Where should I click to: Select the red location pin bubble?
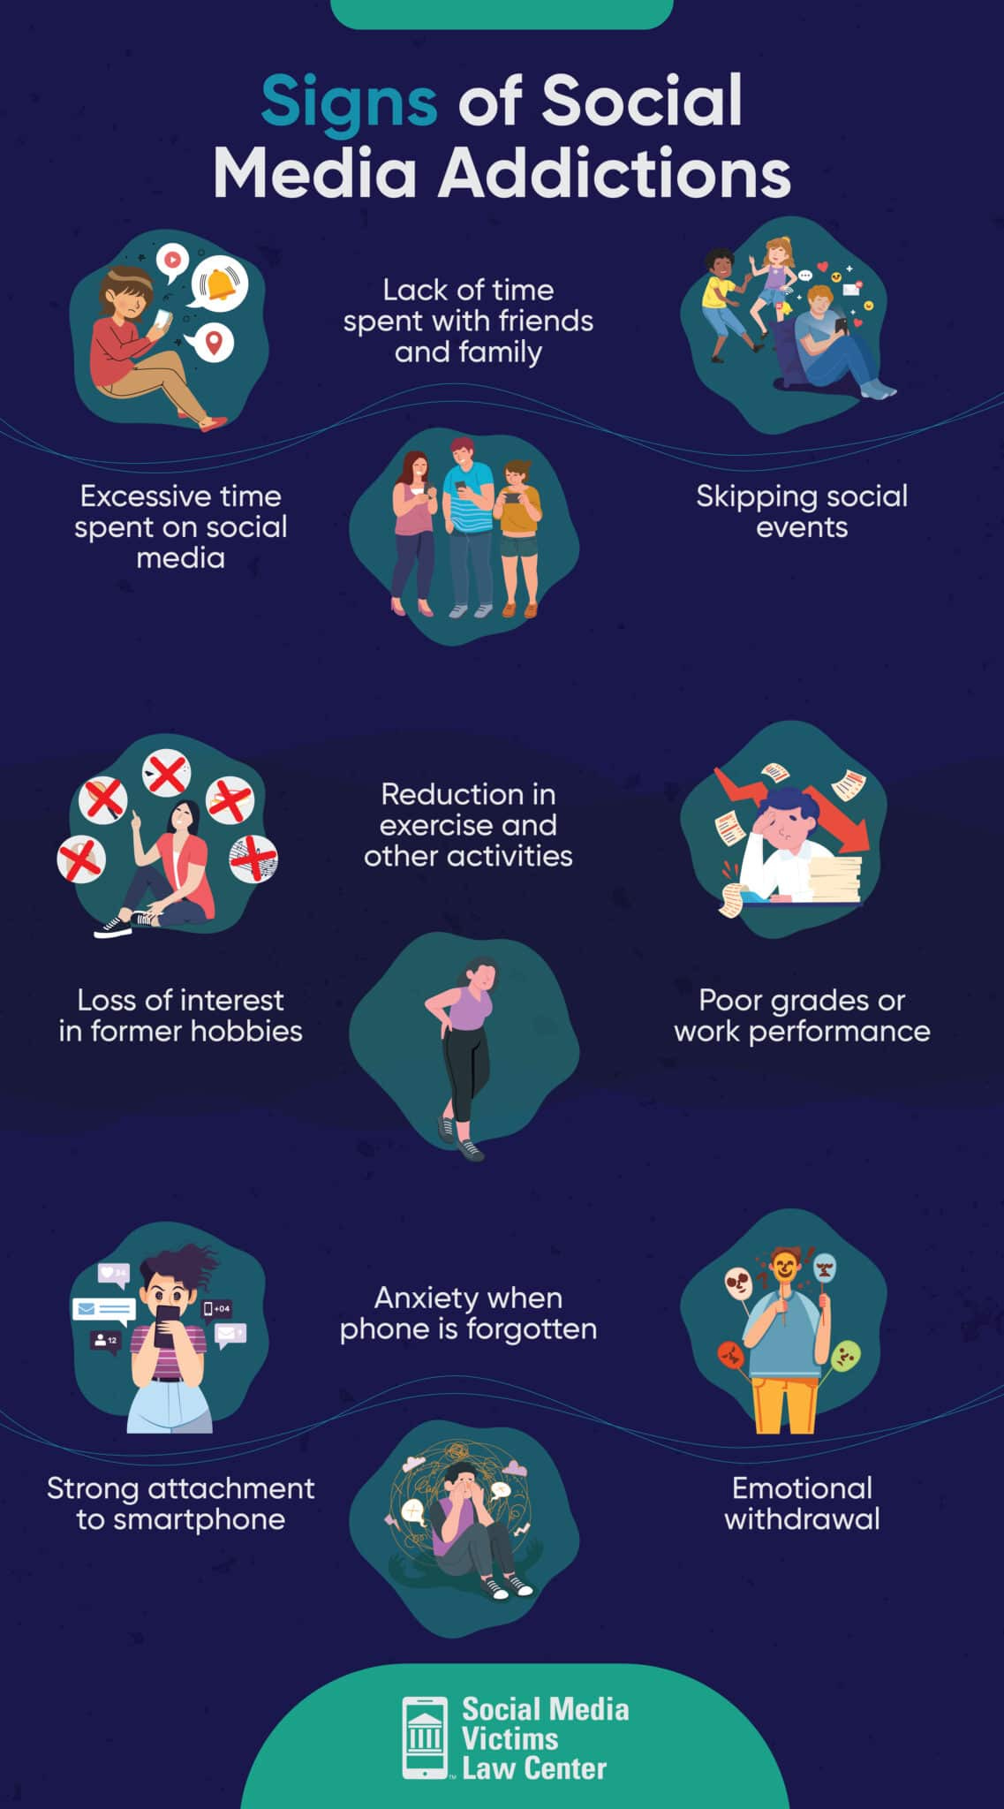coord(213,341)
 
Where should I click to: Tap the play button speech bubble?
coord(172,261)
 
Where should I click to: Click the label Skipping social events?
coord(801,511)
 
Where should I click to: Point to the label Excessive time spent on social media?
coord(180,526)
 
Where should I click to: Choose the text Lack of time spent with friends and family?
coord(468,321)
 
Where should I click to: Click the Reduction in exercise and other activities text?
coord(468,824)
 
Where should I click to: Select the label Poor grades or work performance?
coord(801,1016)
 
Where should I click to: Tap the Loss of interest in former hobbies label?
coord(180,1016)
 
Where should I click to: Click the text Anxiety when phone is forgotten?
coord(468,1313)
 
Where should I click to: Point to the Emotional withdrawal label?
coord(801,1503)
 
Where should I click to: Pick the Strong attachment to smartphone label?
coord(180,1503)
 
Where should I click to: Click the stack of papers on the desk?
coord(834,878)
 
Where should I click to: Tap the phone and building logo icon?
coord(425,1737)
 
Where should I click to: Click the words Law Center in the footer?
coord(534,1768)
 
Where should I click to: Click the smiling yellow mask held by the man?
coord(782,1268)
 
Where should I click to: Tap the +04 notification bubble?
coord(217,1308)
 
